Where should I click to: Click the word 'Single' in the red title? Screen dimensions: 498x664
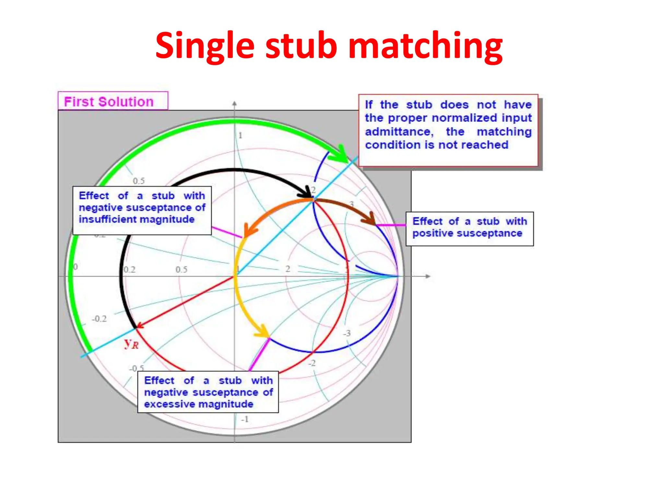[x=205, y=46]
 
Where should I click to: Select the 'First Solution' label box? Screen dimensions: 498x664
[x=113, y=101]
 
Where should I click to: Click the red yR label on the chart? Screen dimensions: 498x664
[x=131, y=343]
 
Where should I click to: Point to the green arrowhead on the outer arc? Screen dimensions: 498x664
[x=340, y=155]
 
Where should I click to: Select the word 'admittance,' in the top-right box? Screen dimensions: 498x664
[x=399, y=132]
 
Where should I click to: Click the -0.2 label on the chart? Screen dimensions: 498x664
[x=99, y=319]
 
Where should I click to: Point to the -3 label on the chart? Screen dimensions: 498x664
[x=347, y=333]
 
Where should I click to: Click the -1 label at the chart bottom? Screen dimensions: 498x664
[x=245, y=419]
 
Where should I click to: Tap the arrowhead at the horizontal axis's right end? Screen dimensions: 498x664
[x=428, y=276]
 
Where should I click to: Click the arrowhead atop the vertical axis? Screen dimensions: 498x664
[x=234, y=104]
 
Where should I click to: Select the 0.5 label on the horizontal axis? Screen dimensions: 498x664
[x=182, y=269]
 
